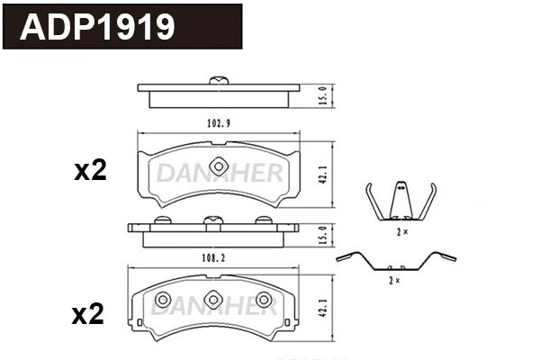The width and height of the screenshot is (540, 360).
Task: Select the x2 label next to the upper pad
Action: coord(90,171)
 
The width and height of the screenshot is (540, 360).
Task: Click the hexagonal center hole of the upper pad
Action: coord(219,166)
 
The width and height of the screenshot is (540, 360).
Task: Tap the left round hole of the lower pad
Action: coord(163,299)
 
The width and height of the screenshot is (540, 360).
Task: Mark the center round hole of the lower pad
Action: coord(213,299)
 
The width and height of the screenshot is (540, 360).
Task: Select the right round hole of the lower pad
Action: coord(264,299)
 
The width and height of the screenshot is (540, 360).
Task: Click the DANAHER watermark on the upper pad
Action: coord(219,173)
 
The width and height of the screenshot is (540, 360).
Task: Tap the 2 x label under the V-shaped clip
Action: coord(400,231)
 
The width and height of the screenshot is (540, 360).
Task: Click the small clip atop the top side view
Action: coord(218,81)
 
